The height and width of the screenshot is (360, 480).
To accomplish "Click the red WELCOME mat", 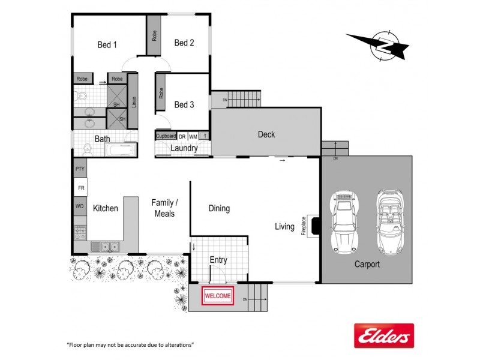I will pos(217,296).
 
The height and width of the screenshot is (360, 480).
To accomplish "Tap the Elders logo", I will pos(384,335).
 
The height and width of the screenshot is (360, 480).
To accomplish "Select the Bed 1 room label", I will pos(107,44).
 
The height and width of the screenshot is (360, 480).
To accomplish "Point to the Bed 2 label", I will pos(184,43).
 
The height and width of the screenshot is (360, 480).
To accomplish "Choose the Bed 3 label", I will pos(184,104).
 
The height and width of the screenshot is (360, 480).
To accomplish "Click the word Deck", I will pos(266,134).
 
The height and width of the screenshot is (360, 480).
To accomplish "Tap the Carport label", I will pos(366,264).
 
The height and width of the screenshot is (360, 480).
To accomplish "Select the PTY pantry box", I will pos(80,169).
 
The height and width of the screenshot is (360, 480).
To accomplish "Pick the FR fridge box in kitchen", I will pos(80,188).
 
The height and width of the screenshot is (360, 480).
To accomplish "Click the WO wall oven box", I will pos(80,206).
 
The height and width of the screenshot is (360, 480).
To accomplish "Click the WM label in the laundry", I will pos(193,137).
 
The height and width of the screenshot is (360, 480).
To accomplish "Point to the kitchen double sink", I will pos(106,246).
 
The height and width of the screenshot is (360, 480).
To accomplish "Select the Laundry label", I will pos(184,148).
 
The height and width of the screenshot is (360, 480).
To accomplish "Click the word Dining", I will pos(219,209).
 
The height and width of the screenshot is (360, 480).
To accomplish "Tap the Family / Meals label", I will pos(164,208).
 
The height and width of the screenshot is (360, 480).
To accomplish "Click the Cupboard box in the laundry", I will pos(166,136).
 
